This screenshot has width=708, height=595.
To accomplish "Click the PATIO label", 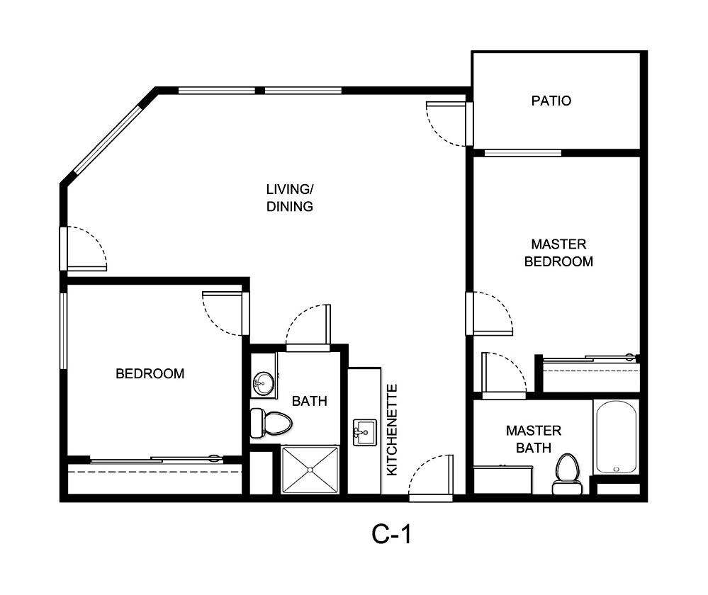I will pos(551,101).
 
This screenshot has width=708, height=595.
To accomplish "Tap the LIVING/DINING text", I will pos(289,198).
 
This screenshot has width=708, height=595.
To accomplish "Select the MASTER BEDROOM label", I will pos(558,253).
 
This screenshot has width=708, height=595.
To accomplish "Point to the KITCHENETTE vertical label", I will pos(392,429).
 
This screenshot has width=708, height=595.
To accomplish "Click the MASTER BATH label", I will pos(533,439).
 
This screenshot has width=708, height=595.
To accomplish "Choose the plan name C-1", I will pos(391,535).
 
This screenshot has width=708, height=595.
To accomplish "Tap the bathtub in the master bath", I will pos(616,437).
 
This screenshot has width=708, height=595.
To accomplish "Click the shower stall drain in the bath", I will pos(310,469).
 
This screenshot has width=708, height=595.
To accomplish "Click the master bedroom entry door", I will pos(488,312).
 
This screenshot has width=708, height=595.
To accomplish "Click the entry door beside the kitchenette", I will pos(430,477).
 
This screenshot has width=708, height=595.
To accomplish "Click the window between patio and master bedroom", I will pos(522,152).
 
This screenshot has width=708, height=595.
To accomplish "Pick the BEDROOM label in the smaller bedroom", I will pos(150,373).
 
